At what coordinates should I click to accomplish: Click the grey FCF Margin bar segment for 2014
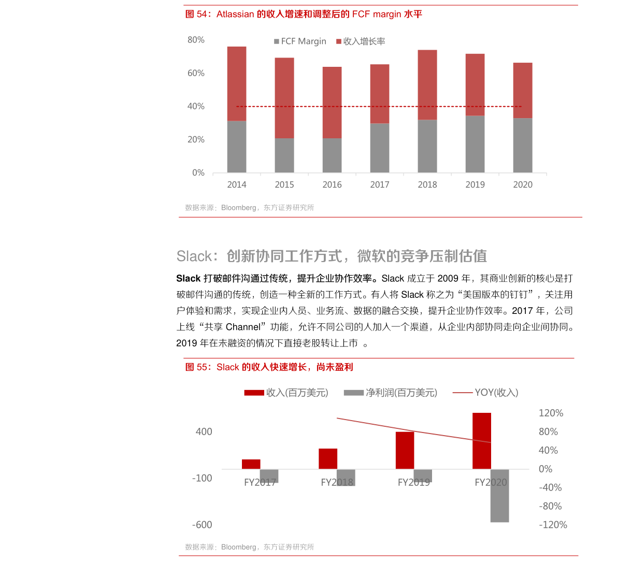[x=237, y=147]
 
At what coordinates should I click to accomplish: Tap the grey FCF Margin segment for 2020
[x=523, y=146]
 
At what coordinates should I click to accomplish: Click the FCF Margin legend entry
[x=300, y=41]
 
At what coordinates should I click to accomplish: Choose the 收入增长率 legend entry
[x=361, y=41]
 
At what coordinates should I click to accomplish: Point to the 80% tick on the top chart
[x=196, y=40]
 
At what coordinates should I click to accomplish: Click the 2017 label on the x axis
[x=380, y=184]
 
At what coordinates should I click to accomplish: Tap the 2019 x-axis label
[x=475, y=184]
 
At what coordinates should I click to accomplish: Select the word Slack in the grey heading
[x=194, y=256]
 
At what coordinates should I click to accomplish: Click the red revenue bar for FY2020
[x=482, y=441]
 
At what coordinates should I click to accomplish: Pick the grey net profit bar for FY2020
[x=500, y=496]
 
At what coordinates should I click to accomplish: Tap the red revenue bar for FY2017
[x=251, y=464]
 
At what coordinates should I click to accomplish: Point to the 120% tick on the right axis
[x=551, y=413]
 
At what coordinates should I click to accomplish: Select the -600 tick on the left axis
[x=202, y=525]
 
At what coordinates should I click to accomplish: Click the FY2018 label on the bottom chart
[x=337, y=482]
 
